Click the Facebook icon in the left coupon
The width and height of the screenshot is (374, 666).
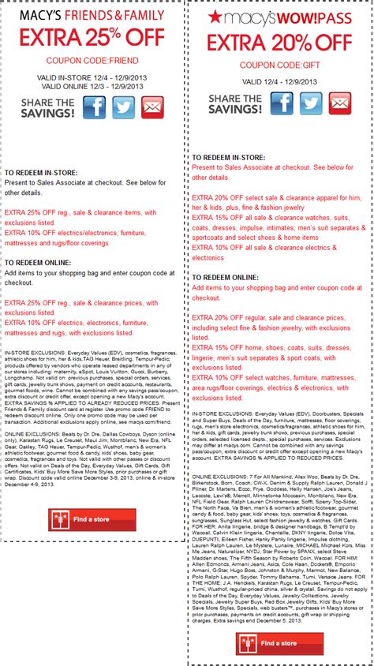coord(94,108)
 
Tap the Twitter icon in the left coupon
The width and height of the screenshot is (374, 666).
coord(123,108)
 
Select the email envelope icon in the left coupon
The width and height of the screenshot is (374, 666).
coord(153,108)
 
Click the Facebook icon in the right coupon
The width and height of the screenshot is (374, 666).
coord(281,103)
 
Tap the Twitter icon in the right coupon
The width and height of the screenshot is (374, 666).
coord(311,103)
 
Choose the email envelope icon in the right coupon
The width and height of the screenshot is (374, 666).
coord(340,103)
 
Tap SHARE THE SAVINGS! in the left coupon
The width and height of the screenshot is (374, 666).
coord(39,107)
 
